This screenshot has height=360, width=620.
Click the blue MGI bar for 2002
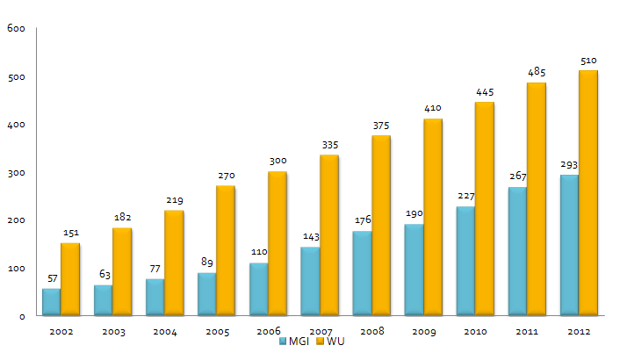pos(51,301)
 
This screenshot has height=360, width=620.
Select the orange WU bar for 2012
pos(588,193)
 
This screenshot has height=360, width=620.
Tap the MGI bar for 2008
pos(362,273)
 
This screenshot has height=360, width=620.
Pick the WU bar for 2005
pos(226,250)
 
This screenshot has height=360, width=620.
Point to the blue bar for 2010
pos(465,261)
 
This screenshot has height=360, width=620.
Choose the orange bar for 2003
pos(122,271)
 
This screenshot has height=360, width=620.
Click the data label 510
pos(588,61)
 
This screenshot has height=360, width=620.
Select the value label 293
pos(568,164)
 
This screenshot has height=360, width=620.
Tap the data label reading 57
pos(52,278)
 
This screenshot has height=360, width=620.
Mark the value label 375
pos(382,126)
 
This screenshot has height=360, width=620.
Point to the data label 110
pos(259,253)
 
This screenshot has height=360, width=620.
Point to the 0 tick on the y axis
pos(23,316)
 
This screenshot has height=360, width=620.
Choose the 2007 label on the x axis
pos(321,333)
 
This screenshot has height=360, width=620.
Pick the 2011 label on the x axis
pos(527,333)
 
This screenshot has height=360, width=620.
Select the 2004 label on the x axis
pos(165,333)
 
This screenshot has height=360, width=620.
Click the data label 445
pos(486,92)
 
